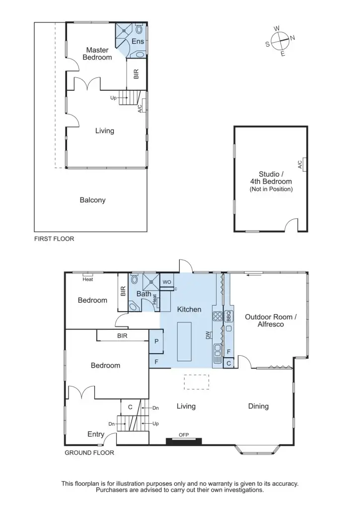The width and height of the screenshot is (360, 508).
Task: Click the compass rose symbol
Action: pos(280,41)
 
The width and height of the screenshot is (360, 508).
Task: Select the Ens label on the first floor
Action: pos(138,42)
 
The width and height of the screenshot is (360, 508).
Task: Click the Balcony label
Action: pos(92,200)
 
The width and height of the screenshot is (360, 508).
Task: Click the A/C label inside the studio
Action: pos(300,165)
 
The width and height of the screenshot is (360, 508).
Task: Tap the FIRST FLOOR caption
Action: pos(54,239)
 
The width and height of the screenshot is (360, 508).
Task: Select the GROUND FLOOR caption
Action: pos(89,452)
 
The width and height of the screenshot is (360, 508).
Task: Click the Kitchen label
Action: pos(189,310)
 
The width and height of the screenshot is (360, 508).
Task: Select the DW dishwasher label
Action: pos(208,336)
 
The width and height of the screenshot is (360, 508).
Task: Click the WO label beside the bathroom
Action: pos(166,282)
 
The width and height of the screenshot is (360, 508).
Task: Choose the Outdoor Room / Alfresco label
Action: pos(271,320)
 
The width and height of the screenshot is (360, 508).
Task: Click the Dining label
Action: pos(258,406)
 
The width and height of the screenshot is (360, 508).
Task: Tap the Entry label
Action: pos(96,434)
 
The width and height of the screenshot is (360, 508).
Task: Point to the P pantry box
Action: pos(156,341)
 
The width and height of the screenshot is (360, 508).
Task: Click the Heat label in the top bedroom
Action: pos(88,279)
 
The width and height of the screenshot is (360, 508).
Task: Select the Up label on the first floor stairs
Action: pos(114,98)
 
